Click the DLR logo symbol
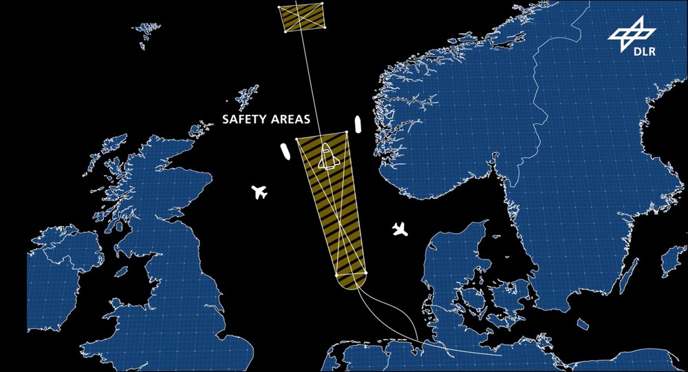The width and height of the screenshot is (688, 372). click(x=630, y=32)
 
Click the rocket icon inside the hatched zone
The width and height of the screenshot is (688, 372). click(x=328, y=158)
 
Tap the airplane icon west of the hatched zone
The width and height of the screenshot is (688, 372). click(x=259, y=192)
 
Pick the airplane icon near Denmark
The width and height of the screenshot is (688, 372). click(x=400, y=229)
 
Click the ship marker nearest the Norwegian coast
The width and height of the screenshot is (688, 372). click(x=358, y=124)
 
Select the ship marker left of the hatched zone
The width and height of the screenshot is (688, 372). click(x=283, y=152)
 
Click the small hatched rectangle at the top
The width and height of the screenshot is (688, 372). click(x=303, y=17)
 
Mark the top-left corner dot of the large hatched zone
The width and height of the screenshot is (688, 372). click(x=297, y=139)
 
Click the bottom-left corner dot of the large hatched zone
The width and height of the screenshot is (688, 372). click(x=337, y=276)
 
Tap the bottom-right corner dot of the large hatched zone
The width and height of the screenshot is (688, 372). click(x=366, y=273)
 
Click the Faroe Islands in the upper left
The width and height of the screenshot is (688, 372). click(x=147, y=30)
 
